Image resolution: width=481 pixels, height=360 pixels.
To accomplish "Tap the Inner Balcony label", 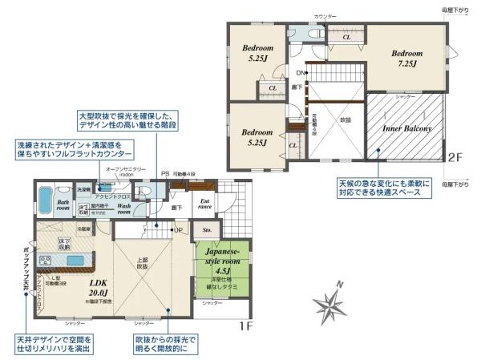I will tap(407, 128).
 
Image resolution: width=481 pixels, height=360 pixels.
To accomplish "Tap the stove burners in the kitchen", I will tap(46, 261).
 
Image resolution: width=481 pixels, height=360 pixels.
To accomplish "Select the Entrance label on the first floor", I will tap(205, 204).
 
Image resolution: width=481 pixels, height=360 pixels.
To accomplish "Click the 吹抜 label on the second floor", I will tap(345, 119).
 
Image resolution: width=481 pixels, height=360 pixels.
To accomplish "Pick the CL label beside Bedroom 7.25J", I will tap(346, 37).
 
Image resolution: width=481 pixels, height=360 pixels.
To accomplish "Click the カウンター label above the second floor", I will tap(325, 16).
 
